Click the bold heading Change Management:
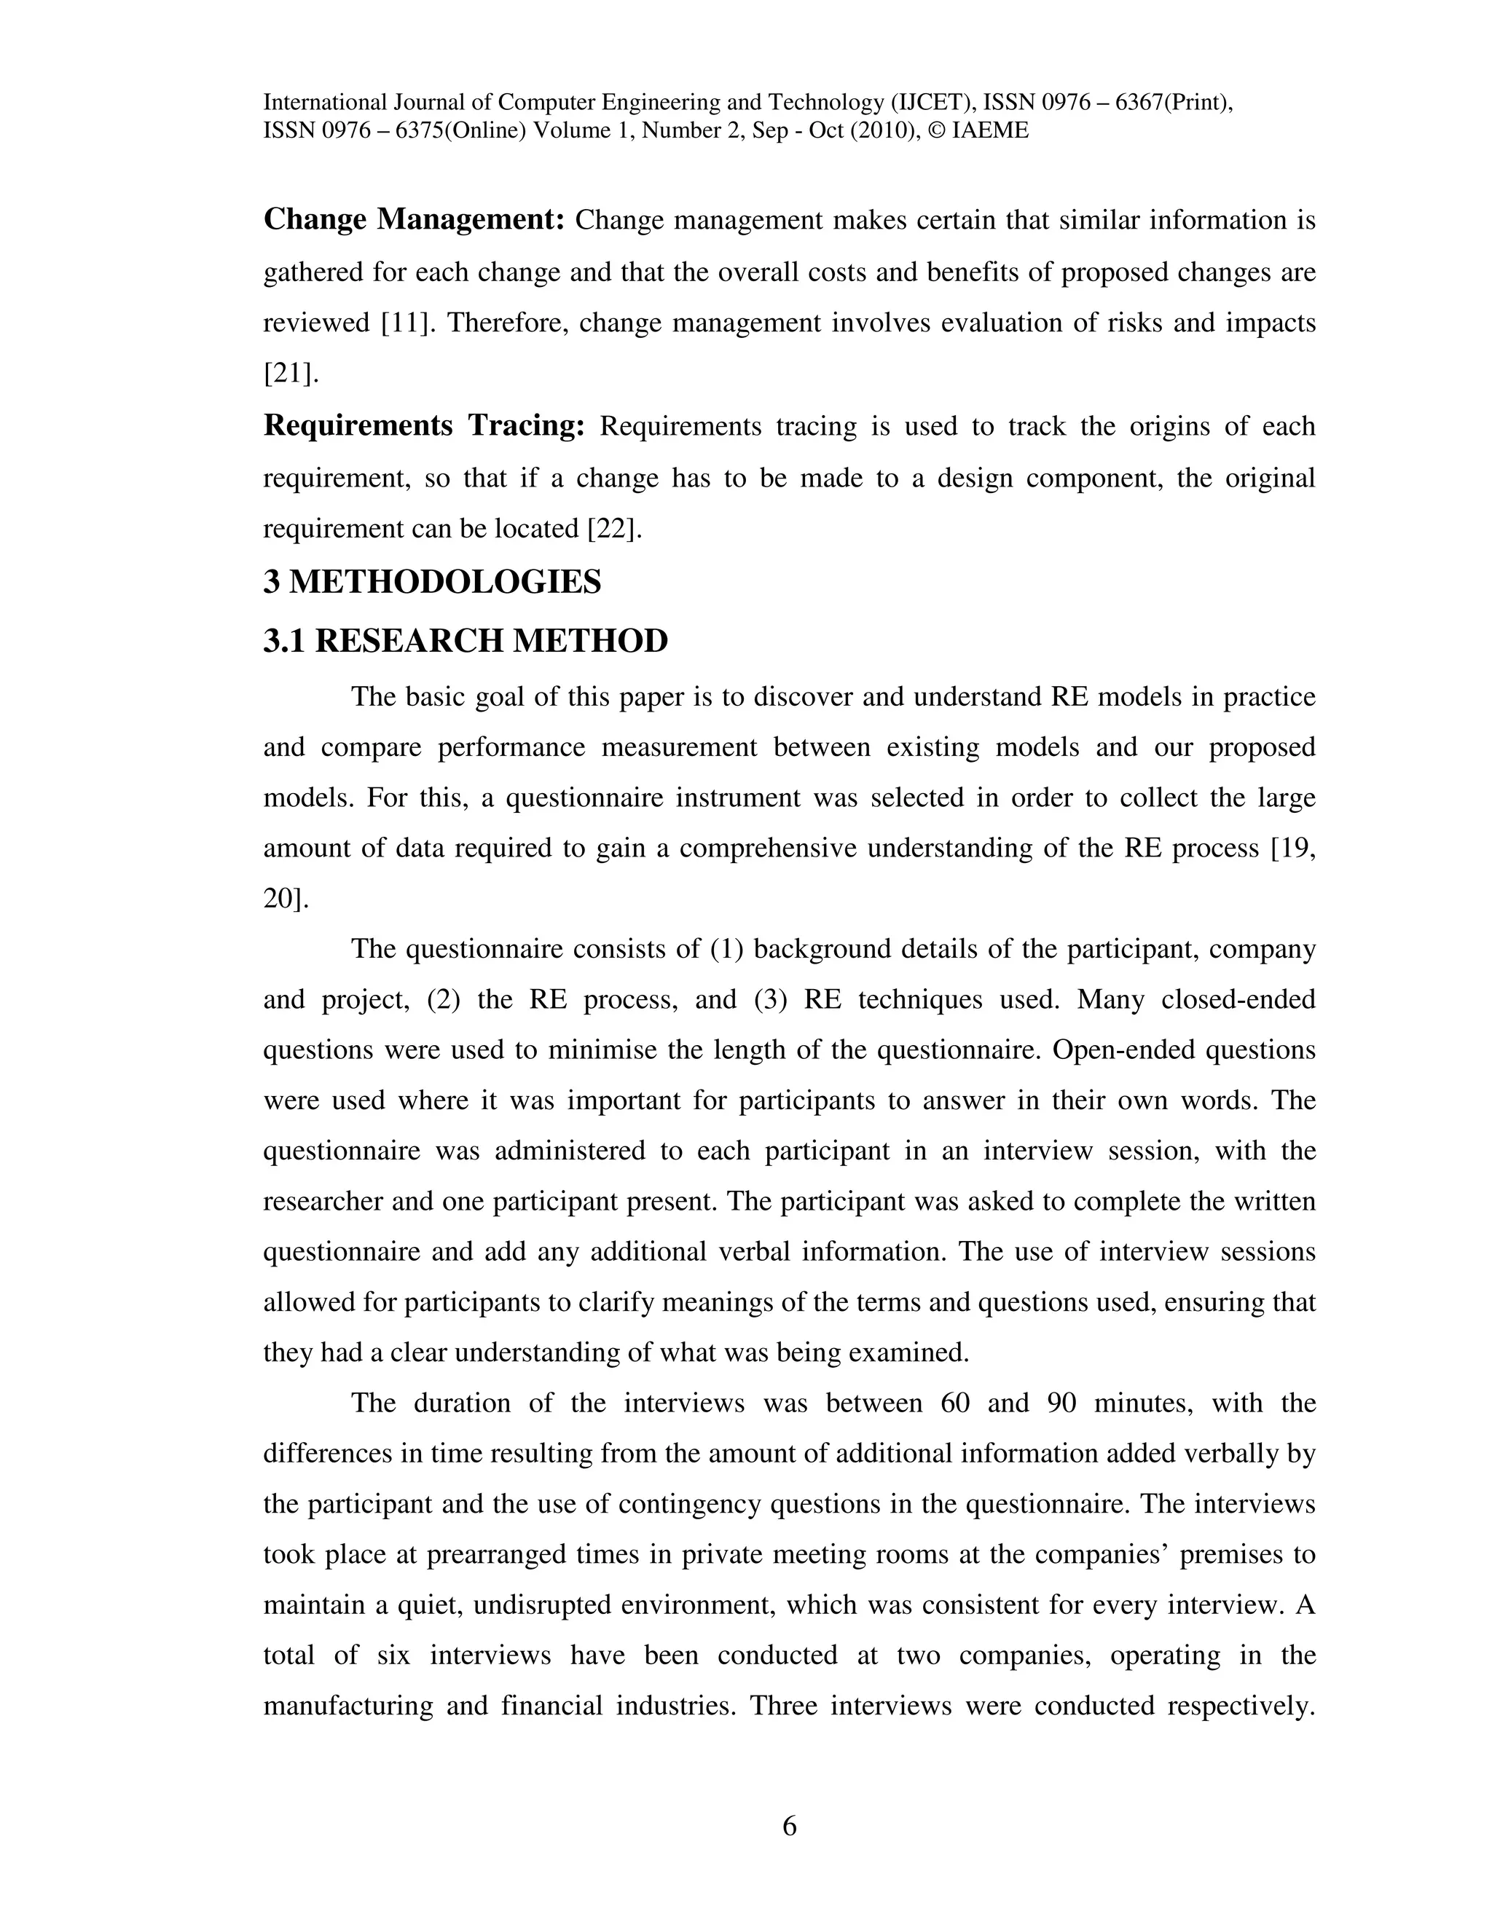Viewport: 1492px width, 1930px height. (414, 220)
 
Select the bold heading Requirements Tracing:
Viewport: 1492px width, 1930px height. (424, 426)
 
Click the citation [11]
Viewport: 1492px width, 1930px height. (409, 323)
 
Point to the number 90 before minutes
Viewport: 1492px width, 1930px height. (1061, 1403)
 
